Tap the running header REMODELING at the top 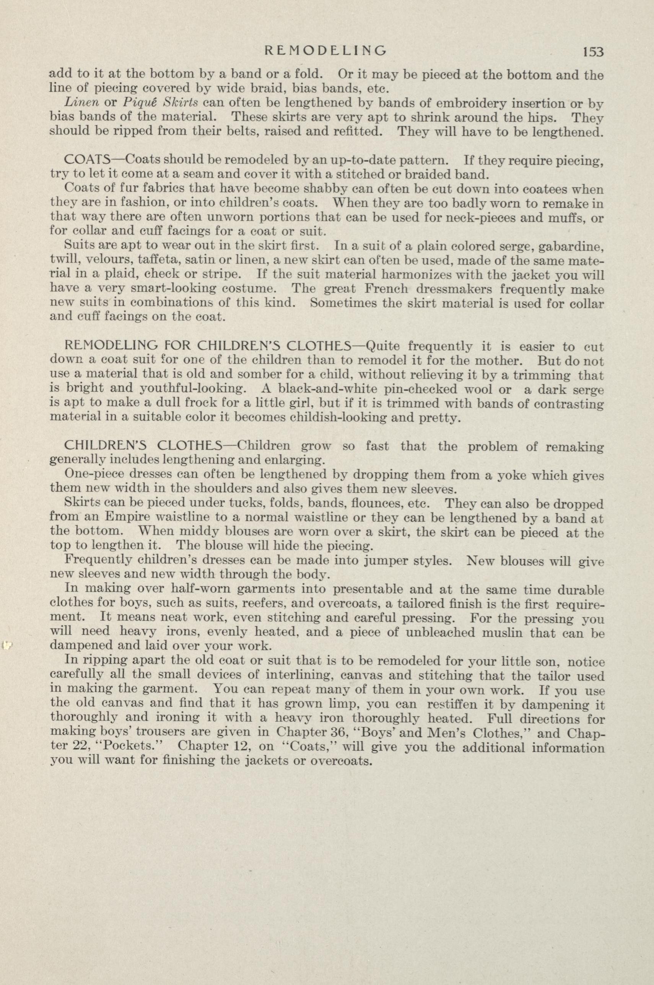point(326,51)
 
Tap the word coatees point(537,189)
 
